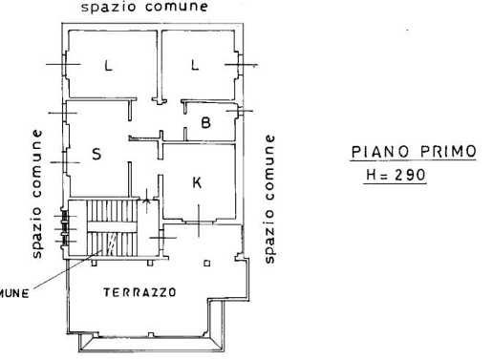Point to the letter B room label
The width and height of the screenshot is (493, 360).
tap(205, 121)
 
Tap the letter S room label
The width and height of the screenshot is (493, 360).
tap(96, 155)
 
